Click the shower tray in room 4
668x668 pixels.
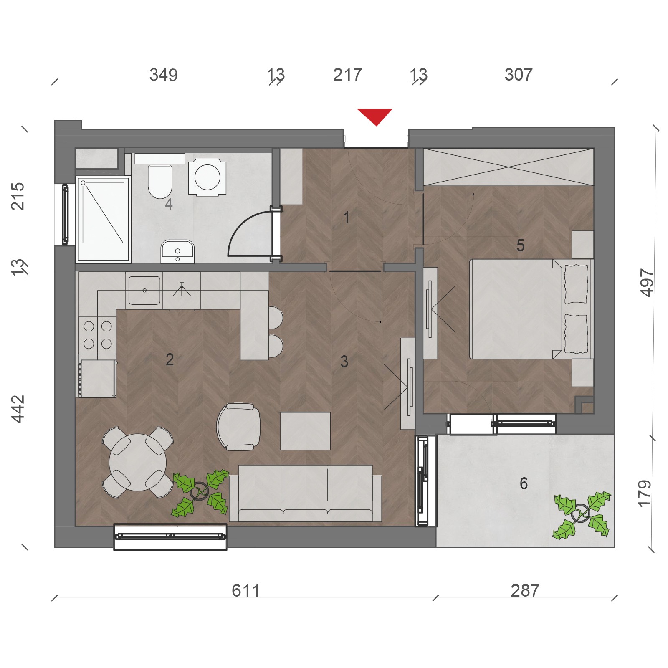pos(103,219)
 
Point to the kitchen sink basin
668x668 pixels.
pos(144,290)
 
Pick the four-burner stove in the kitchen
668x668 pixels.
pos(98,335)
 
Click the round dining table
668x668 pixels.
pos(138,462)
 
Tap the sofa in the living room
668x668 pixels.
pos(305,493)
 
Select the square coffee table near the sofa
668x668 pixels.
pos(305,431)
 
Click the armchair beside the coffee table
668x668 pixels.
pos(238,427)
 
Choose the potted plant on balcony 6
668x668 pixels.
pos(582,514)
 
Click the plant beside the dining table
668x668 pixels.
pos(200,493)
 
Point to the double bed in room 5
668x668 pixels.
pos(531,309)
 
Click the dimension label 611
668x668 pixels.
pos(246,591)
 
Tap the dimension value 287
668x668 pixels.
pos(525,591)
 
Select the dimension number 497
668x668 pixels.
pos(647,283)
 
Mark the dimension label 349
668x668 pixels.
pos(164,75)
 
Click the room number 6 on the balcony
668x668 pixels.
pos(524,483)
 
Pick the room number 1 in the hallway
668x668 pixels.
pos(346,218)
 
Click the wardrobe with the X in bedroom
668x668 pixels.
pos(509,167)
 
